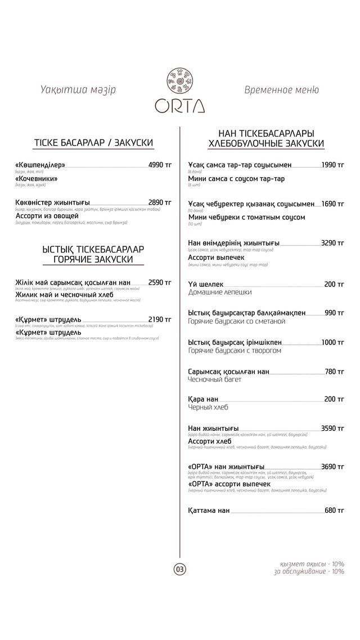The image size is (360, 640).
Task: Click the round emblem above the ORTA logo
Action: coord(180,82)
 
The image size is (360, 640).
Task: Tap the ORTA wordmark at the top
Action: coord(180,106)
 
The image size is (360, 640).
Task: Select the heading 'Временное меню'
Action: coord(282,90)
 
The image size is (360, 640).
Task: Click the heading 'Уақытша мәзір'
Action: coord(78,90)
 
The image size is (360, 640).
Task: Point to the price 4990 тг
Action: coord(160,165)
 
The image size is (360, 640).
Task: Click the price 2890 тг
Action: coord(160,202)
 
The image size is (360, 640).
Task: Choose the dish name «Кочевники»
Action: coord(37,179)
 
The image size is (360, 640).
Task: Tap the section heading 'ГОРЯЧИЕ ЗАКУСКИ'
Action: coord(93,259)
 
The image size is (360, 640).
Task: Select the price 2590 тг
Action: coord(160,282)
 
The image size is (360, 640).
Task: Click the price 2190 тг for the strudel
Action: coord(160,319)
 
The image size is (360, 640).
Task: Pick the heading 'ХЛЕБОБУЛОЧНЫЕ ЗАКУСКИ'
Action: coord(266,144)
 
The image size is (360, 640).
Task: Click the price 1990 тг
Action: coord(332,165)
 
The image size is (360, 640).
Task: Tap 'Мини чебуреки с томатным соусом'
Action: coord(246,217)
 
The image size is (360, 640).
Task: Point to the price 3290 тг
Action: coord(332,243)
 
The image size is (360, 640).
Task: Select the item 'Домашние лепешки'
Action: coord(220,292)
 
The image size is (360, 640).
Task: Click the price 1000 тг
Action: coord(332,342)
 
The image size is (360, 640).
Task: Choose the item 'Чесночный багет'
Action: coord(215,380)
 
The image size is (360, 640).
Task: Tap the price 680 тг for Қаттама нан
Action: coord(334,511)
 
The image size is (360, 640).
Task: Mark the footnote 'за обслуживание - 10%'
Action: coord(309,571)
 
